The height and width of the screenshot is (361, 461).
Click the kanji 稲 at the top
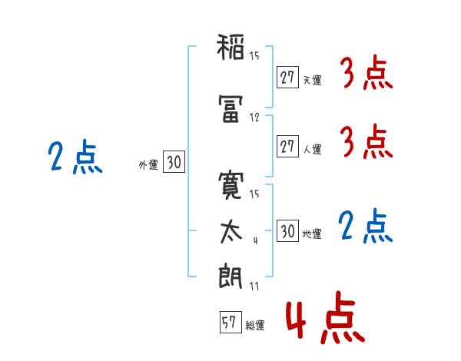click(x=230, y=47)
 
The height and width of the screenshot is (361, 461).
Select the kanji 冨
click(x=230, y=108)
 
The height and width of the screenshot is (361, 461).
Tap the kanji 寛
click(x=230, y=186)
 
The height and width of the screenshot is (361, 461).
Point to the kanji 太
click(x=231, y=232)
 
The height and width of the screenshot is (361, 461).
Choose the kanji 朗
click(x=230, y=276)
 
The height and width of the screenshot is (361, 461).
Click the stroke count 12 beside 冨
click(x=254, y=118)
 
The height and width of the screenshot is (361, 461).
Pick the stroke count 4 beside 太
click(x=256, y=240)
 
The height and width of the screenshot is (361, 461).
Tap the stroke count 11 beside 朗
click(x=254, y=286)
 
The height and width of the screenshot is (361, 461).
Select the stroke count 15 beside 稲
click(x=254, y=55)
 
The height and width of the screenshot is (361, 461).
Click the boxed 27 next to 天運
click(x=287, y=78)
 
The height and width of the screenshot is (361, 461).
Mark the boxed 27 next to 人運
click(x=287, y=146)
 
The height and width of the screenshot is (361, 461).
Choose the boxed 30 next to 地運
click(x=287, y=230)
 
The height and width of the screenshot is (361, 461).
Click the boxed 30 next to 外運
click(x=174, y=161)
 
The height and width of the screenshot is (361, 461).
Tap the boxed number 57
click(x=230, y=322)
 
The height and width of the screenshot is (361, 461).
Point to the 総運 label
click(x=255, y=325)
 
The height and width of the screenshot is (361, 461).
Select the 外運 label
click(x=148, y=164)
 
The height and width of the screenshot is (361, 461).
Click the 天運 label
click(x=312, y=80)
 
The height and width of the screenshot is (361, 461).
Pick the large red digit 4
click(x=296, y=320)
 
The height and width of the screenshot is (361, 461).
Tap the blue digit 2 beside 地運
click(x=346, y=225)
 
